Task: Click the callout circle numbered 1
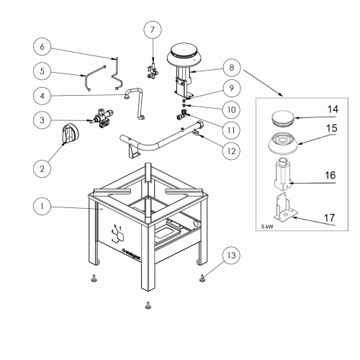(x=42, y=207)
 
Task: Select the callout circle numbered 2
(x=42, y=168)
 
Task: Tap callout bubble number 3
(x=42, y=120)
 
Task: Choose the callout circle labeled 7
(x=153, y=30)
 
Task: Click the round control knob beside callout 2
(x=73, y=134)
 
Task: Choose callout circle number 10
(x=231, y=109)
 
